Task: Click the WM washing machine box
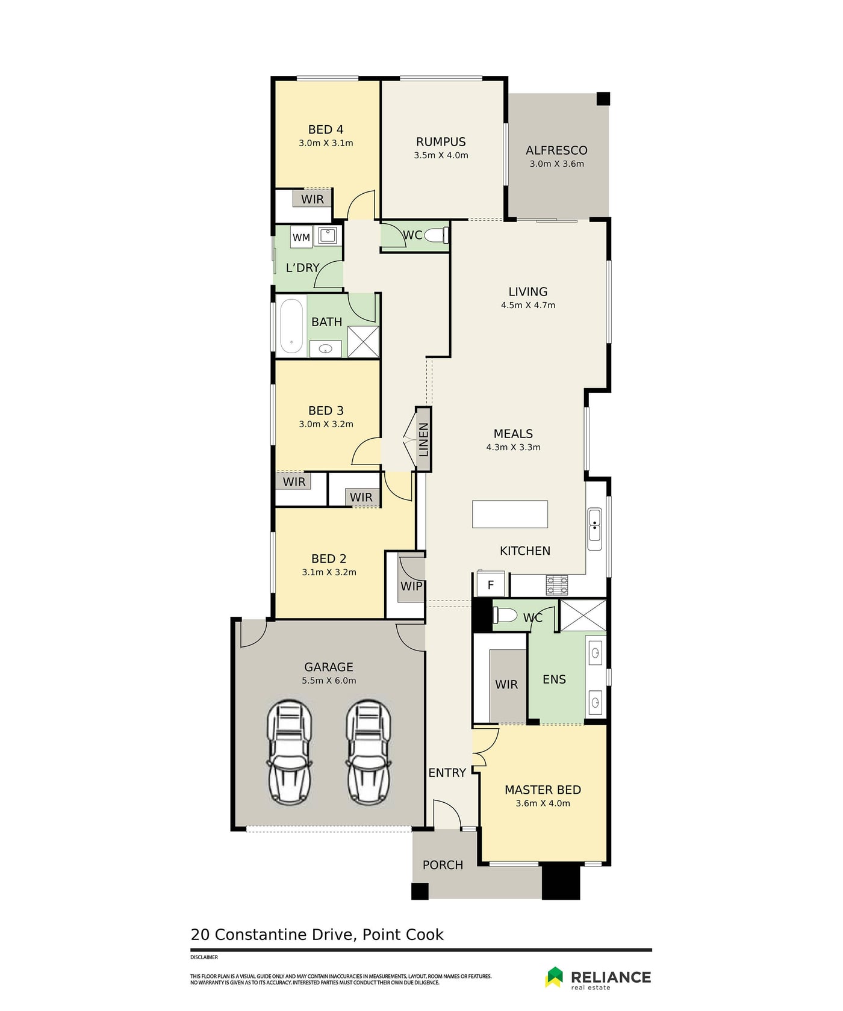(301, 237)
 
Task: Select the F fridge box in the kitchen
(491, 584)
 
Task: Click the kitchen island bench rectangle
(510, 514)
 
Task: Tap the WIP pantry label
(411, 586)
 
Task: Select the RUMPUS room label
(441, 141)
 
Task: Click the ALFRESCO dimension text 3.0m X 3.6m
(556, 164)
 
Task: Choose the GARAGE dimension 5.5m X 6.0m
(329, 681)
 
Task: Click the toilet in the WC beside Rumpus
(438, 235)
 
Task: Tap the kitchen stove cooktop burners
(557, 585)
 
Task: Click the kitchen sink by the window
(594, 524)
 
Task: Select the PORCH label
(443, 865)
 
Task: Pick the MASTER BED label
(543, 790)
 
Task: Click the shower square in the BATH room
(364, 342)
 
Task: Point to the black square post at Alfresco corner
(603, 99)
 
